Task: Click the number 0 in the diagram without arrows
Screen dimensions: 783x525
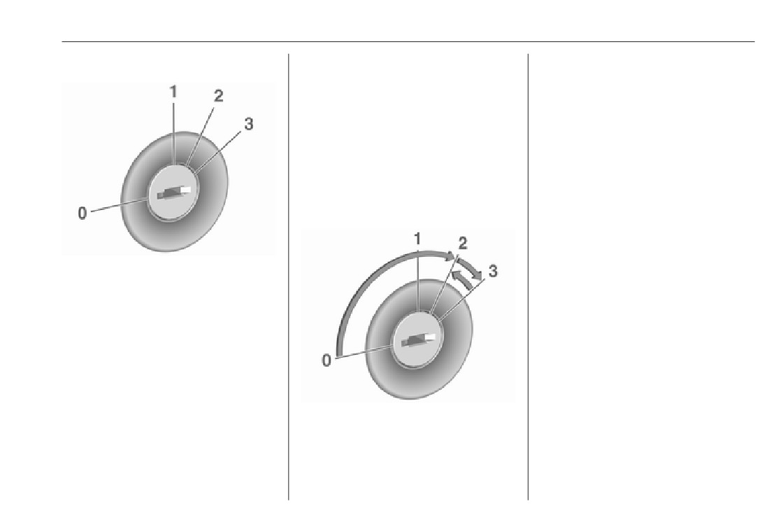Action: click(82, 213)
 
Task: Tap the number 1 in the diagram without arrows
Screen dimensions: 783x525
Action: click(173, 92)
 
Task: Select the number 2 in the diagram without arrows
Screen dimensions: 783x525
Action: click(218, 96)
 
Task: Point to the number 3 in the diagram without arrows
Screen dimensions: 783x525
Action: click(248, 124)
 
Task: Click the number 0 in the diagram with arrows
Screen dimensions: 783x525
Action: click(326, 360)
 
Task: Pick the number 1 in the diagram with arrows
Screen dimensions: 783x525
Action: click(417, 239)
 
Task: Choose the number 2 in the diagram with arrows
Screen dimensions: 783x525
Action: click(463, 244)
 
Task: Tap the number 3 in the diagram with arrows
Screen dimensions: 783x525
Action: click(493, 271)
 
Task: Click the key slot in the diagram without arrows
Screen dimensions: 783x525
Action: click(174, 192)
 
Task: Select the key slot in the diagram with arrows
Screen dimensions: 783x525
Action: click(419, 340)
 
